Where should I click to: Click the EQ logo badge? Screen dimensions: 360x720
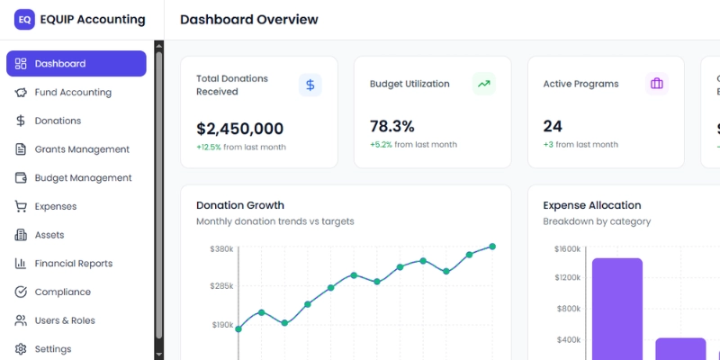click(x=24, y=20)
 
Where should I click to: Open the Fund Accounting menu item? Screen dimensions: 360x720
click(x=73, y=92)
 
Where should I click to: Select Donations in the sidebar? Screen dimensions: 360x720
click(x=58, y=121)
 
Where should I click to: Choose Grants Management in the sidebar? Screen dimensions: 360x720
click(x=82, y=149)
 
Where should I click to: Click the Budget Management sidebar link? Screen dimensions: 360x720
click(x=83, y=178)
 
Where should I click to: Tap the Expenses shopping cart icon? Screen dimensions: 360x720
click(x=21, y=206)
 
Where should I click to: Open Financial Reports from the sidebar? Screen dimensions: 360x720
click(x=73, y=264)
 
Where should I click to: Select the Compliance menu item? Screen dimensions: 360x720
click(x=62, y=292)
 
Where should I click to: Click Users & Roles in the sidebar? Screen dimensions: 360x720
click(x=65, y=320)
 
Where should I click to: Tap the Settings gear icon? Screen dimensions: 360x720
click(x=21, y=349)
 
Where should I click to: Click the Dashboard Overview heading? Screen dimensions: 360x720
click(x=249, y=20)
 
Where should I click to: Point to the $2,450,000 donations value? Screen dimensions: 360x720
click(x=239, y=129)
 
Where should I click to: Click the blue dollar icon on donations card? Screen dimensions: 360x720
click(x=310, y=85)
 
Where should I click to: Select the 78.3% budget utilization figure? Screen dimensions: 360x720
click(x=392, y=126)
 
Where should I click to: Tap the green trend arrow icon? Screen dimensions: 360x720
click(x=484, y=84)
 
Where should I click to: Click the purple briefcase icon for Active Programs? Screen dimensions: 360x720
click(x=657, y=84)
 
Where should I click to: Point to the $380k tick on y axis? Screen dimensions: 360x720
click(x=221, y=248)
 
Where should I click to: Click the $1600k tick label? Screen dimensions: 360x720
click(x=567, y=248)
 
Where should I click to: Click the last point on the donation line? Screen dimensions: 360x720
click(x=492, y=247)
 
